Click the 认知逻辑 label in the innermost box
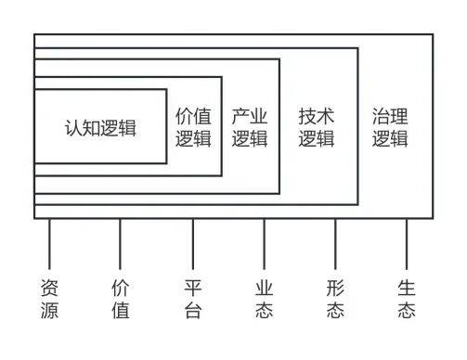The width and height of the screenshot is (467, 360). click(x=100, y=128)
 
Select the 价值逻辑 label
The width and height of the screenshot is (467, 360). click(x=193, y=128)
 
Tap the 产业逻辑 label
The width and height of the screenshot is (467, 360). click(x=250, y=128)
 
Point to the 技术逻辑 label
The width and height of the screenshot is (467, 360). click(x=317, y=128)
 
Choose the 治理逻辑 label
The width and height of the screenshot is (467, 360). click(x=390, y=128)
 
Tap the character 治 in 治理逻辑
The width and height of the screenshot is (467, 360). click(x=381, y=118)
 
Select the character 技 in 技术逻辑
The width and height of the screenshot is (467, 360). click(x=307, y=118)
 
